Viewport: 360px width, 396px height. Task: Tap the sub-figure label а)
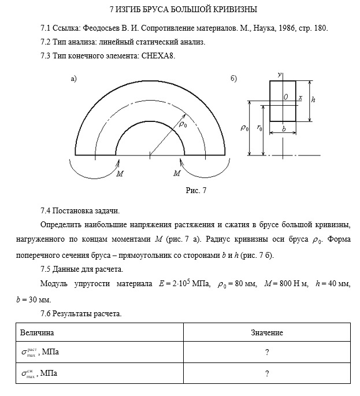click(x=73, y=79)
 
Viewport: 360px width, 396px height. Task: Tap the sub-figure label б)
click(x=233, y=79)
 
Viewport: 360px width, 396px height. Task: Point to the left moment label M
click(x=119, y=173)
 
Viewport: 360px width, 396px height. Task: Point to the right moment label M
click(x=177, y=173)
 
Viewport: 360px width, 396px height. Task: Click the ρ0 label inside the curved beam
click(x=183, y=124)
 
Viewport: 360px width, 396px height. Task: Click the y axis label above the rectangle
click(x=280, y=75)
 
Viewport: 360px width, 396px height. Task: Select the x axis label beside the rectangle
click(x=300, y=98)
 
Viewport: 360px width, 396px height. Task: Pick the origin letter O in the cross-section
click(x=286, y=98)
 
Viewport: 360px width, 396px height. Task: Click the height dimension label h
click(x=313, y=99)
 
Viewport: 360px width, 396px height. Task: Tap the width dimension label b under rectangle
click(x=284, y=129)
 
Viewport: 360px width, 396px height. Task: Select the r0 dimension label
click(x=259, y=129)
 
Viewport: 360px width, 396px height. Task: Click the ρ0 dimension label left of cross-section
click(x=244, y=128)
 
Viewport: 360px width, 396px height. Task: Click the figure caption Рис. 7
click(x=196, y=190)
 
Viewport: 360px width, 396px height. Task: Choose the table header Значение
click(x=266, y=333)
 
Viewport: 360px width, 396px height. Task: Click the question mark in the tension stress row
click(x=267, y=352)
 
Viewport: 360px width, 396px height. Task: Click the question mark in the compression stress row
click(x=267, y=373)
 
